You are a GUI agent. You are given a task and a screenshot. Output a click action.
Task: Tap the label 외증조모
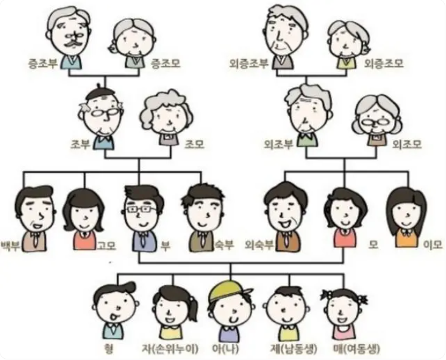(x=384, y=63)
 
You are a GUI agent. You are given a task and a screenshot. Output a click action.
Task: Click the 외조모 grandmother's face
(x=377, y=117)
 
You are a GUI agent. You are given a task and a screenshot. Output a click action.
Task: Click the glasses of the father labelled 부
(x=142, y=209)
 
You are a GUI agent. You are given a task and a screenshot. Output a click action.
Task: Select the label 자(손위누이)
(x=170, y=348)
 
